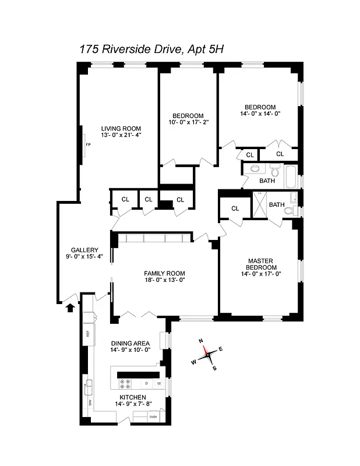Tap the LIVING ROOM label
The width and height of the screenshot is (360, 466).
pos(121,129)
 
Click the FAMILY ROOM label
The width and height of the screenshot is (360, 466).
pos(164,273)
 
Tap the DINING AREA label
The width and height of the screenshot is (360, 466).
pos(130,343)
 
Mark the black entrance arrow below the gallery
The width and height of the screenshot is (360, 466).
pos(70,308)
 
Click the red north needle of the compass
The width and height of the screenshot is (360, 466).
pos(206,351)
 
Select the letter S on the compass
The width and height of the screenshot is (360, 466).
pos(214,368)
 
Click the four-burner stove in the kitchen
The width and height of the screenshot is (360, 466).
pos(125,383)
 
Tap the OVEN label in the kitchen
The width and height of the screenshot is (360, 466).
pos(153,416)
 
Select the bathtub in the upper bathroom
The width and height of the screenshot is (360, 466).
pos(289,176)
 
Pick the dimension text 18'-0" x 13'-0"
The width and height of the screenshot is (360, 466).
pos(164,280)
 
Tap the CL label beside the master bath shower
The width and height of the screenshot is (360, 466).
pos(235,208)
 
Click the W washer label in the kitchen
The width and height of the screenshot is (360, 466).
pos(159,383)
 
